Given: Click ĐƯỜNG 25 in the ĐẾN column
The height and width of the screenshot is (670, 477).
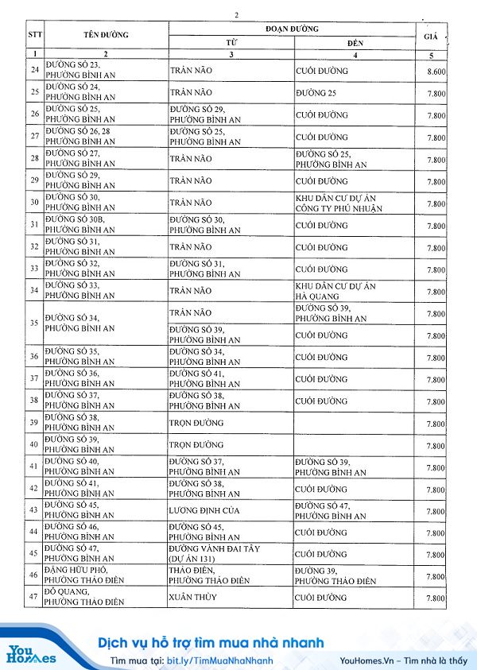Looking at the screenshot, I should click(x=318, y=93).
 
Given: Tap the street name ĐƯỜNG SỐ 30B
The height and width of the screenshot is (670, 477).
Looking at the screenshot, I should click(x=80, y=225).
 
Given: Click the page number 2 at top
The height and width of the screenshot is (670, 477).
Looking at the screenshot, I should click(x=236, y=15).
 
